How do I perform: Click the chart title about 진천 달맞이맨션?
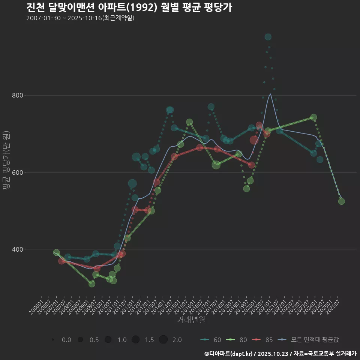pyautogui.click(x=129, y=7)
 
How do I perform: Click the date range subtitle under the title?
pyautogui.click(x=80, y=18)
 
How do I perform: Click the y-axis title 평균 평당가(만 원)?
pyautogui.click(x=6, y=161)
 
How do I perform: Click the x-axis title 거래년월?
pyautogui.click(x=191, y=320)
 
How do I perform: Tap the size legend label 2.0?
pyautogui.click(x=177, y=340)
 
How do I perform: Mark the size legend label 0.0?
pyautogui.click(x=66, y=340)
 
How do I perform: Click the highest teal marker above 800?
pyautogui.click(x=268, y=37)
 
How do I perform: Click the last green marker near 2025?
pyautogui.click(x=341, y=201)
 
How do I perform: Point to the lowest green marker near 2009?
pyautogui.click(x=92, y=283)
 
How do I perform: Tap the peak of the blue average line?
pyautogui.click(x=270, y=94)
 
